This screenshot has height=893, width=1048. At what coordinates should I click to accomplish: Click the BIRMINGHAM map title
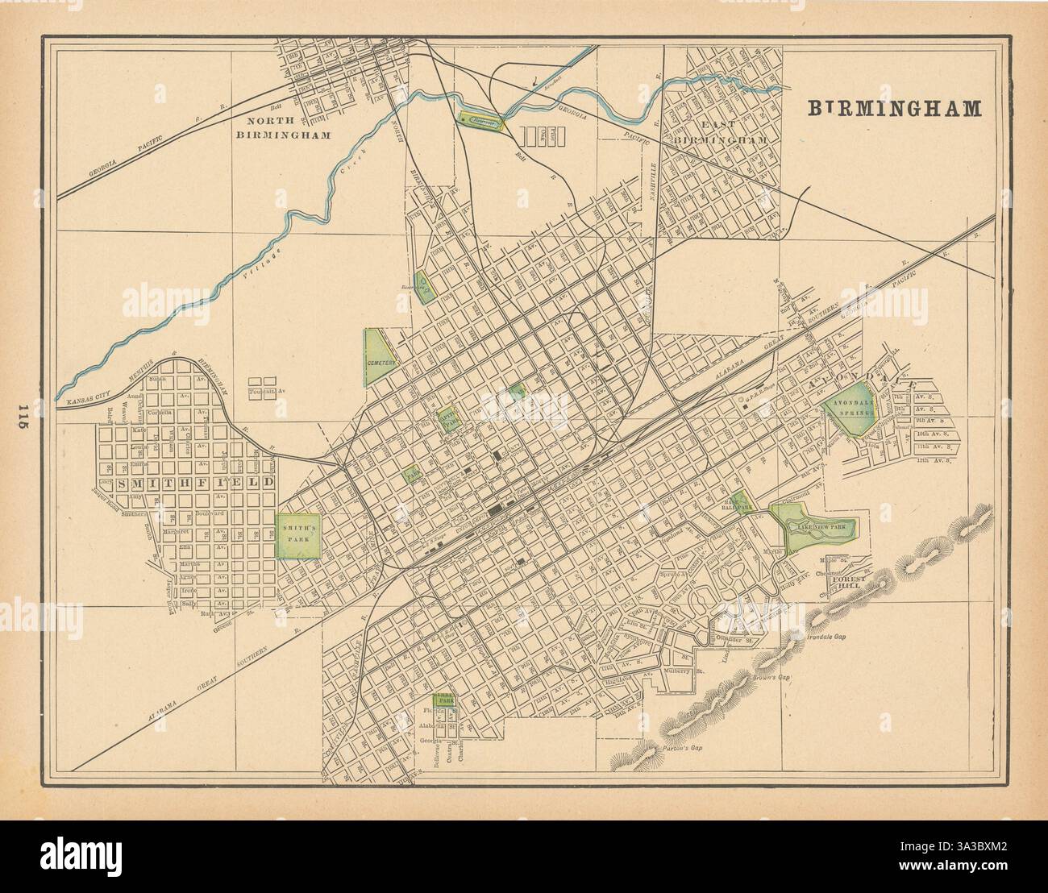click(x=895, y=109)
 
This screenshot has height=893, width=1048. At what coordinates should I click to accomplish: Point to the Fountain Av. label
click(x=263, y=393)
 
